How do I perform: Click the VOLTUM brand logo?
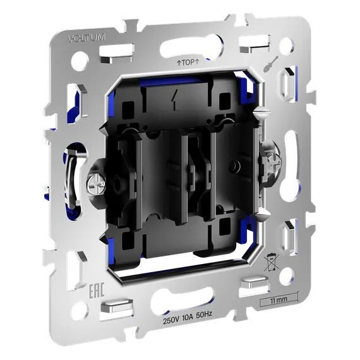click(x=87, y=37)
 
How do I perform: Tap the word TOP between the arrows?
click(x=188, y=63)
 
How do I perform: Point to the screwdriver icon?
click(x=271, y=64)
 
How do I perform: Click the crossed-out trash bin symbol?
click(x=271, y=262)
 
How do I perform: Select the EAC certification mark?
click(x=97, y=291)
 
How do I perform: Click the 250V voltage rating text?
click(x=171, y=321)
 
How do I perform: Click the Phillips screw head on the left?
click(x=95, y=184)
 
